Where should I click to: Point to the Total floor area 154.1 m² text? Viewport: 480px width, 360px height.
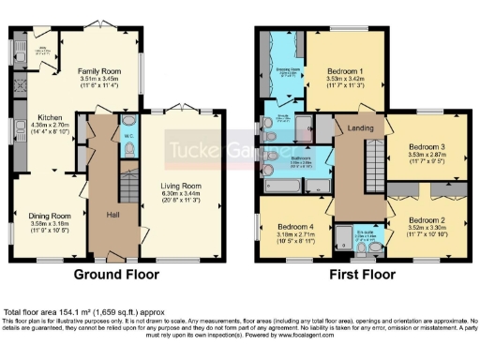(69, 311)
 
